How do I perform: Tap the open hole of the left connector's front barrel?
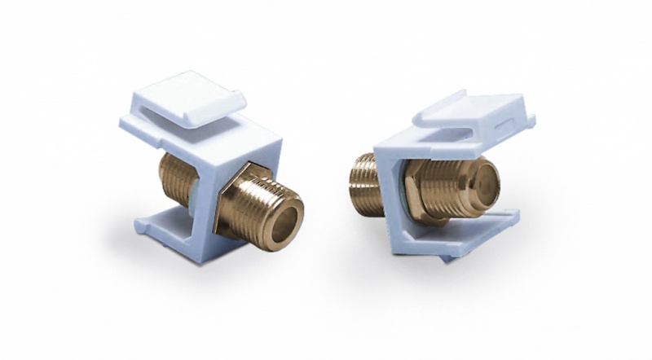[286, 216]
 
